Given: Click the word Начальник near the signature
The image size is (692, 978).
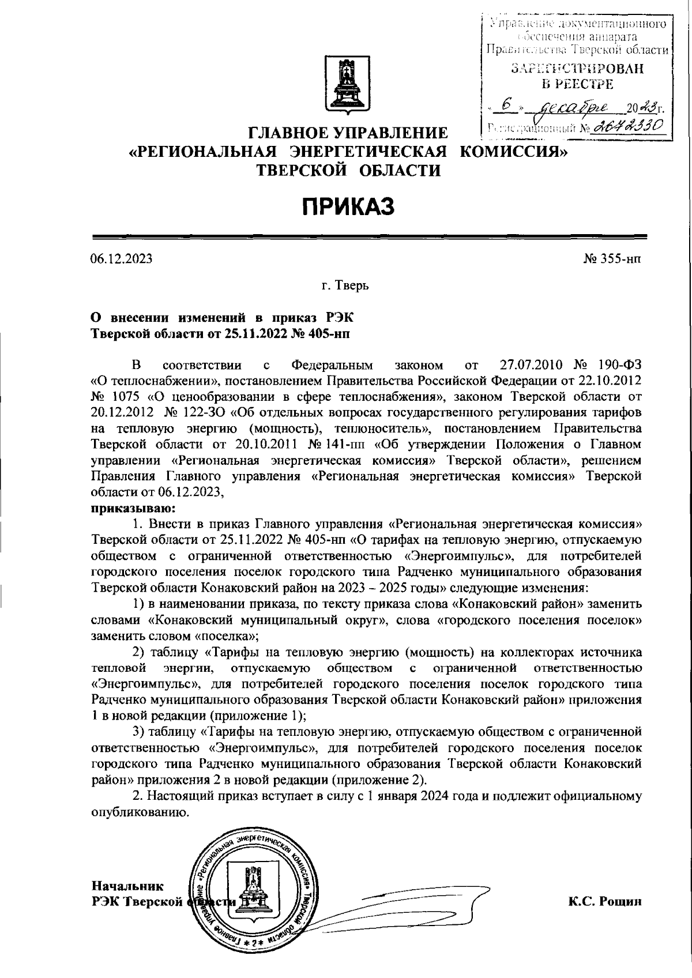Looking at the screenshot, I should tap(127, 885).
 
